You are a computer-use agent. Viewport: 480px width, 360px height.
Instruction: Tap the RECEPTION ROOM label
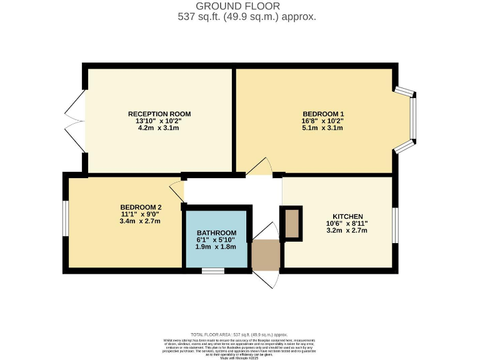(x=159, y=114)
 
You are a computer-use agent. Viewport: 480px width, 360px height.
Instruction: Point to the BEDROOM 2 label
(x=141, y=207)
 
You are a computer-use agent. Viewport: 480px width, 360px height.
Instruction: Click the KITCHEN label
(x=347, y=216)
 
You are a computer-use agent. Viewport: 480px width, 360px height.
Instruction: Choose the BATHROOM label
(x=217, y=232)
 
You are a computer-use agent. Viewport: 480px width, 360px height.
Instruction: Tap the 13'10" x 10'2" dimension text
(x=159, y=121)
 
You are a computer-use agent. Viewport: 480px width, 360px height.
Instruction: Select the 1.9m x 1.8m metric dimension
(x=217, y=246)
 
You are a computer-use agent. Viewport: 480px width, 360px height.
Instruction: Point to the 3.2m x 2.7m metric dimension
(x=347, y=230)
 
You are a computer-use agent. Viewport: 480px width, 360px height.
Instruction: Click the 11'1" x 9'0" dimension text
(x=141, y=214)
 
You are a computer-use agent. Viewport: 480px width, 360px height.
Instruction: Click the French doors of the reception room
(x=76, y=121)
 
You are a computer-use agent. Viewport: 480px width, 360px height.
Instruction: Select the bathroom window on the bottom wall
(x=213, y=271)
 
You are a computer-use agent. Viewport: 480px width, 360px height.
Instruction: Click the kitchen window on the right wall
(x=395, y=224)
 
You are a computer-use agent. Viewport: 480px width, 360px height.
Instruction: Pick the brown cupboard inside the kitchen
(x=291, y=223)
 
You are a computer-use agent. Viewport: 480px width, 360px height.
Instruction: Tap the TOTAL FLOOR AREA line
(x=239, y=335)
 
